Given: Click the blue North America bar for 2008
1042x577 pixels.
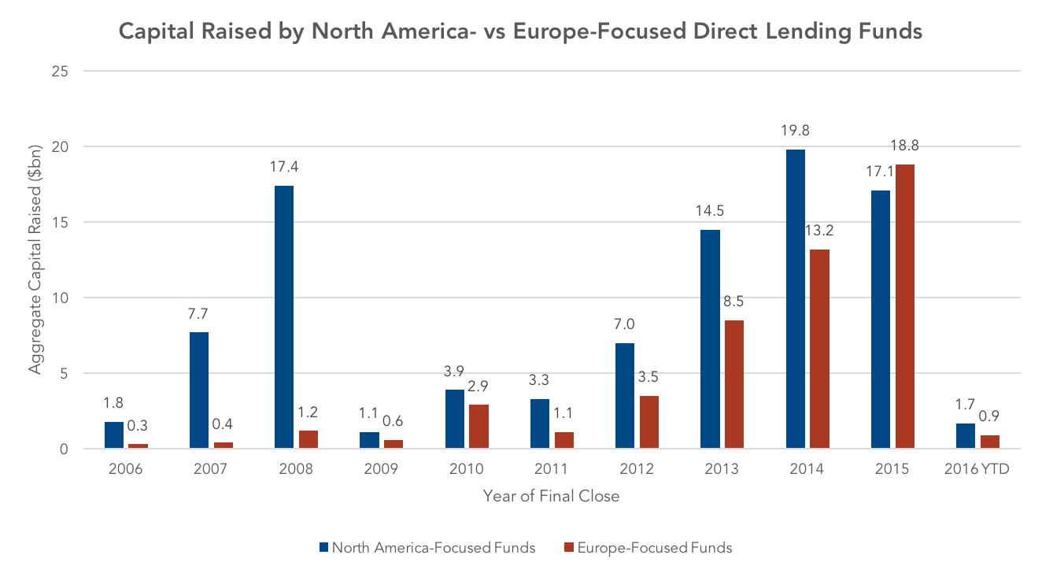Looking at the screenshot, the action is click(284, 317).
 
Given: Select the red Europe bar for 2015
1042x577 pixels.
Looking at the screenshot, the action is click(905, 306).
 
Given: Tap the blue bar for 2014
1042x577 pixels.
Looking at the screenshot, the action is click(796, 299).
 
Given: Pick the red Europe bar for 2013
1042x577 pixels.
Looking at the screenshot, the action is click(734, 384).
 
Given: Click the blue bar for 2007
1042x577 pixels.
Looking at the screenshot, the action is click(199, 390).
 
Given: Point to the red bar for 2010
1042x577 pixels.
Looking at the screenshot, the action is click(479, 427).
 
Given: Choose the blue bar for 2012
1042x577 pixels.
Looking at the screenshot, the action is click(625, 396).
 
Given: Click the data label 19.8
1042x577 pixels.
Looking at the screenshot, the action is click(795, 131).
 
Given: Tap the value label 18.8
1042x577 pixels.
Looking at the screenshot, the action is click(905, 146).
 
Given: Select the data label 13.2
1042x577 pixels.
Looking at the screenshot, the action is click(819, 231).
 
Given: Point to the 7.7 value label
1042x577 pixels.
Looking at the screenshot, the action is click(198, 314).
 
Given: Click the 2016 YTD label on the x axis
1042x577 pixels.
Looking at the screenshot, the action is click(977, 468).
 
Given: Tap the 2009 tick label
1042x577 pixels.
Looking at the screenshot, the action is click(381, 468).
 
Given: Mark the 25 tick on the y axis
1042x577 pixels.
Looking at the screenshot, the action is click(60, 72).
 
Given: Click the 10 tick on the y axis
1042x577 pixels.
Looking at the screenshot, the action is click(60, 298).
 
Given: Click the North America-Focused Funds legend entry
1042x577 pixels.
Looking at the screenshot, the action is click(427, 548).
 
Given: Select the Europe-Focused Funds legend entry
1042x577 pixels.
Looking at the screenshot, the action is click(648, 548).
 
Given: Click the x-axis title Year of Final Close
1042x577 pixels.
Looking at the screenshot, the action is click(551, 496).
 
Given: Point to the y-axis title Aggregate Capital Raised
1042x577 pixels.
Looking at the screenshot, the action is click(35, 260).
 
